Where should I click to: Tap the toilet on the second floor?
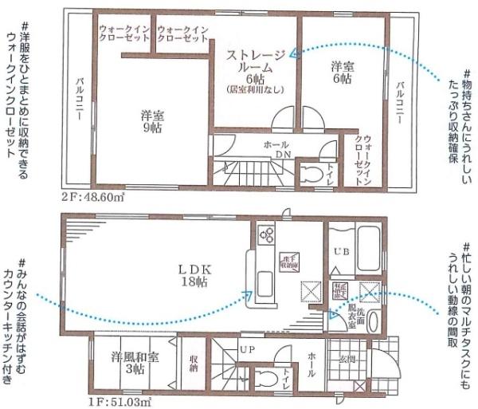[308, 173]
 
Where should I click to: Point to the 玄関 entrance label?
[349, 360]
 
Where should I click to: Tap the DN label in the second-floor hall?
[282, 154]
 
